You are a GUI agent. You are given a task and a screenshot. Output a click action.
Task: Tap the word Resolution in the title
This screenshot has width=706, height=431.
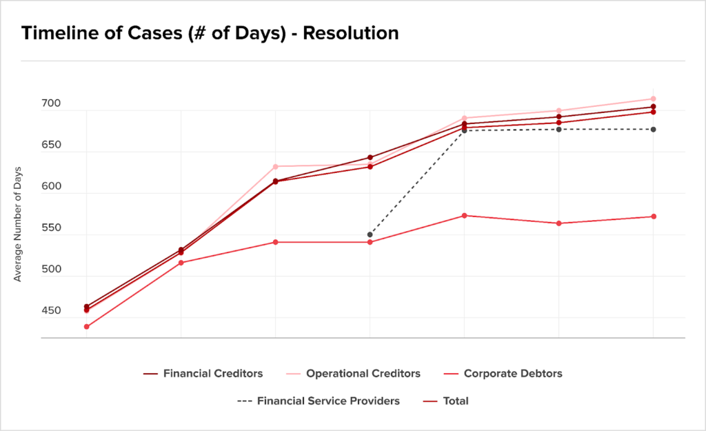(x=351, y=33)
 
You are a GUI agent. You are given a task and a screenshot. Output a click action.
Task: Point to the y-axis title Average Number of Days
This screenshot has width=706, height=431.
(x=17, y=224)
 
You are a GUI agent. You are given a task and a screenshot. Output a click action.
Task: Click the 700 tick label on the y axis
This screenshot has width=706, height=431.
(x=51, y=103)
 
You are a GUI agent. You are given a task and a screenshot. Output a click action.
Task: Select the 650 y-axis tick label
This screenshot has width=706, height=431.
(x=51, y=145)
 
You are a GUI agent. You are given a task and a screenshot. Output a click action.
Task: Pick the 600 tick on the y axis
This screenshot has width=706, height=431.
(x=51, y=186)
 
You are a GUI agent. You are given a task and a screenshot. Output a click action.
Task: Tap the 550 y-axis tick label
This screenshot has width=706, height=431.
(x=51, y=228)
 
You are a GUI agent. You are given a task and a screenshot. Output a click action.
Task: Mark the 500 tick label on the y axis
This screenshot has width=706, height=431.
(x=51, y=269)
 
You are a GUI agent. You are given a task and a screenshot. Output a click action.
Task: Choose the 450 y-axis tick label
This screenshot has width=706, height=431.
(x=51, y=310)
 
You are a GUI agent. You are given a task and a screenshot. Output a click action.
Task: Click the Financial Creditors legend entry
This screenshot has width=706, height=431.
(x=203, y=373)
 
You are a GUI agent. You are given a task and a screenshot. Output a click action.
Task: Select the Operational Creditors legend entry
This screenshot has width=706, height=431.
(x=354, y=373)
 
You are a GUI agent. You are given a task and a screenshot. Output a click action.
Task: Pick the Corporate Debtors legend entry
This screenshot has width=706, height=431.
(x=503, y=373)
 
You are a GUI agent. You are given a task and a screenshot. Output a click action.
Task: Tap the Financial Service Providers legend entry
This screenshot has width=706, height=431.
(x=319, y=401)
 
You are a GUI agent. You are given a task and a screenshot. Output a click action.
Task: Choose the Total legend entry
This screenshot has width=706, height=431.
(x=446, y=401)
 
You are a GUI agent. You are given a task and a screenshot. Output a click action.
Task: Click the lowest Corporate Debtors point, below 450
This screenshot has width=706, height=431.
(x=86, y=326)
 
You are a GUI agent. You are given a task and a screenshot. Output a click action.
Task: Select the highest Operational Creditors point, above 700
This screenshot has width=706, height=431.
(x=654, y=99)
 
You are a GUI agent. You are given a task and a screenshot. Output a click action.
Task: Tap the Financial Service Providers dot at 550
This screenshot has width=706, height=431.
(x=370, y=234)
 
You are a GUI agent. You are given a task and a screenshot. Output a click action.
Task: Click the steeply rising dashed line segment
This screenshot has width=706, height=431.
(x=417, y=182)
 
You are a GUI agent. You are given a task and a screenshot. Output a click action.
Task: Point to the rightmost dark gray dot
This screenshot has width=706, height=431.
(x=654, y=130)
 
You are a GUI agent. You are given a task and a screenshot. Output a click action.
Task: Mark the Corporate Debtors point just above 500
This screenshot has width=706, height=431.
(x=181, y=263)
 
